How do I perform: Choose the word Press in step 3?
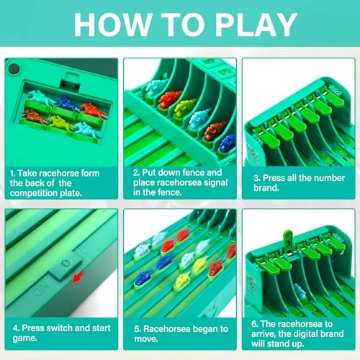click(x=273, y=174)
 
